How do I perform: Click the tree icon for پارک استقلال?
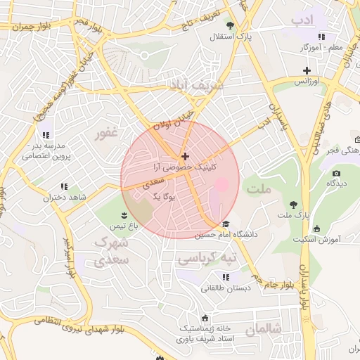point(229,25)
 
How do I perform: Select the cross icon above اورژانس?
point(307,70)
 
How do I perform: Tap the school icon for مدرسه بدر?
point(46,134)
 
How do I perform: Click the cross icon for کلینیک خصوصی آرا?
point(185,156)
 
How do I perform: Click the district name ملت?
point(259,189)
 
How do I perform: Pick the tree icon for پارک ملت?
point(292,204)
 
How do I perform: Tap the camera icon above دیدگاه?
point(336,173)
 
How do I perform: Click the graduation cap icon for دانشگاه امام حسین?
point(226,224)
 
